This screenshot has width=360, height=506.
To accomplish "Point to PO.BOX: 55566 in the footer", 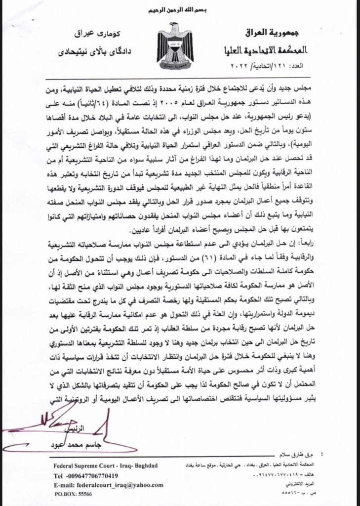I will pyautogui.click(x=74, y=494).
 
